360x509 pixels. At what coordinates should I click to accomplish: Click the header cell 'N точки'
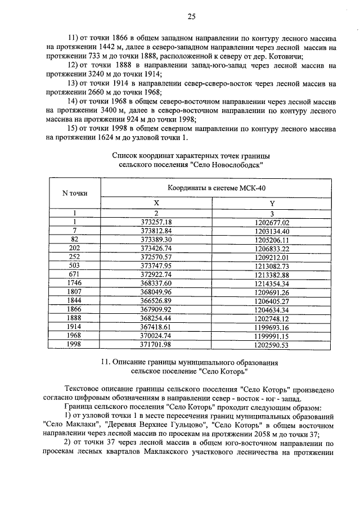coord(74,193)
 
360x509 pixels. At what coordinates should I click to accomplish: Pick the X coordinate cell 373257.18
coord(156,222)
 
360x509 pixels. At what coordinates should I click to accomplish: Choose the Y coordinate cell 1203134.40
coord(271,231)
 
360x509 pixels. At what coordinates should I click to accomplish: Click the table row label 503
coord(74,265)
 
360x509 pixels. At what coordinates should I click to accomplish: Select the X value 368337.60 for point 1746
coord(156,283)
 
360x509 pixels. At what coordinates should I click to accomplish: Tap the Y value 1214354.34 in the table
coord(271,283)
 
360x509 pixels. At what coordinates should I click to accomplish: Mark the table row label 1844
coord(74,300)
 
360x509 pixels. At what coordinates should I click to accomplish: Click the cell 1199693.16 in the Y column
coord(271,327)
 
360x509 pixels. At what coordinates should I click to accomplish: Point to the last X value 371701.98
coord(156,344)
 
